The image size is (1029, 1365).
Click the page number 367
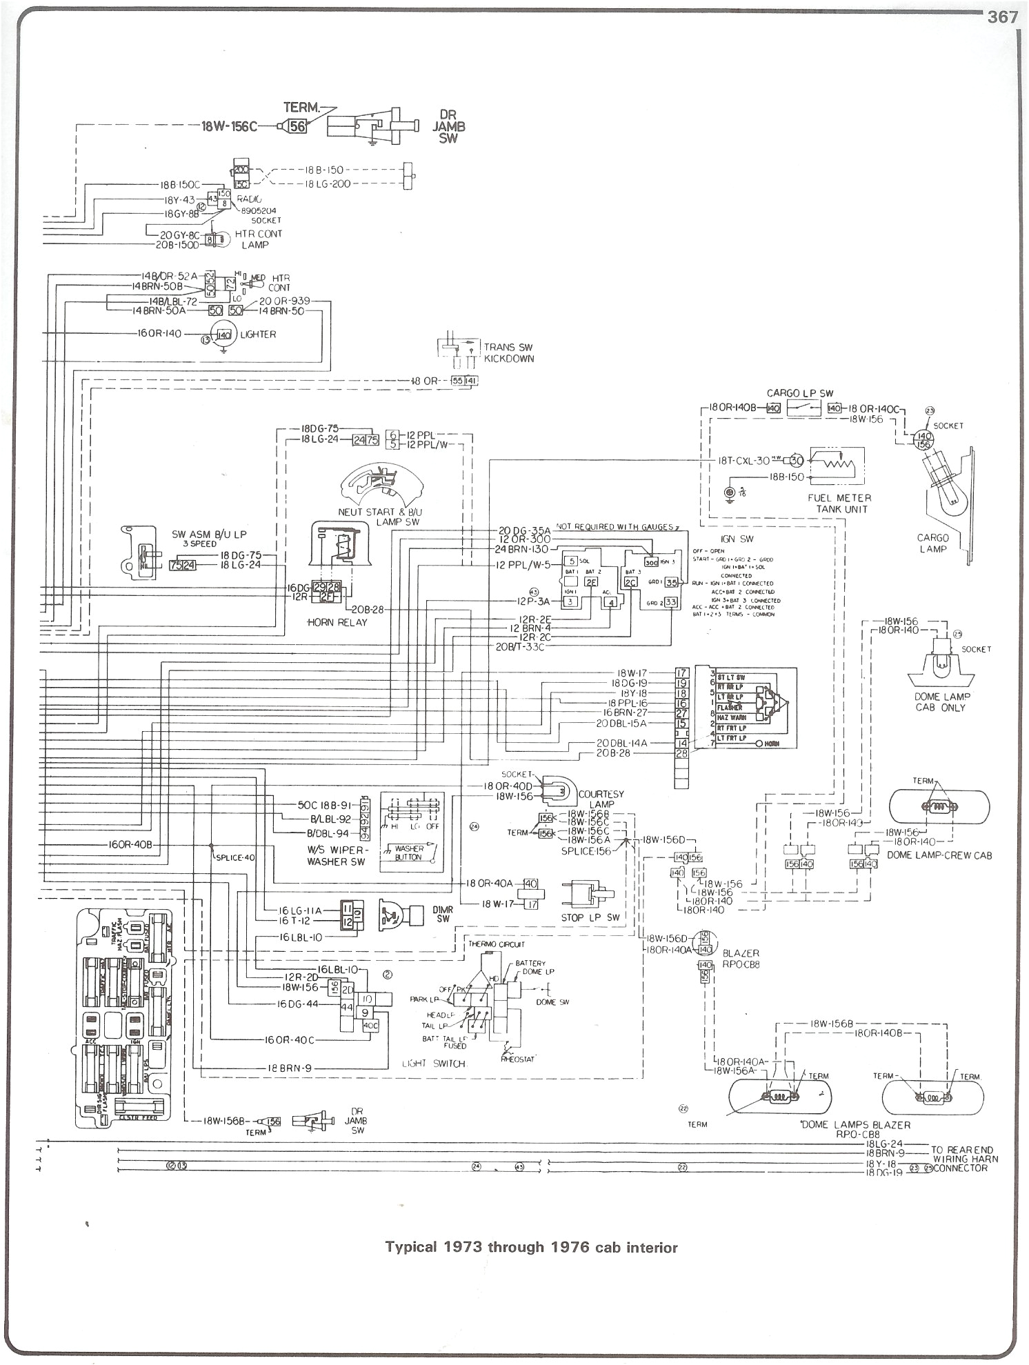1002,19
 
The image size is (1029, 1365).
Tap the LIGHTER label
259,335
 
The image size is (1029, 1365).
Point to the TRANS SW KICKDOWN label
508,353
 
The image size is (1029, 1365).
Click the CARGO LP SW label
800,393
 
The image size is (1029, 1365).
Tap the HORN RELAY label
338,622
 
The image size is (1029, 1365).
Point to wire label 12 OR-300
524,539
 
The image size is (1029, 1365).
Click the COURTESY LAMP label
601,799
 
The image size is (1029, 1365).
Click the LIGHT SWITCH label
434,1064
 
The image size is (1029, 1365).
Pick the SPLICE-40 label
234,857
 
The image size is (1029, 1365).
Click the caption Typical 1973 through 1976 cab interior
531,1247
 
